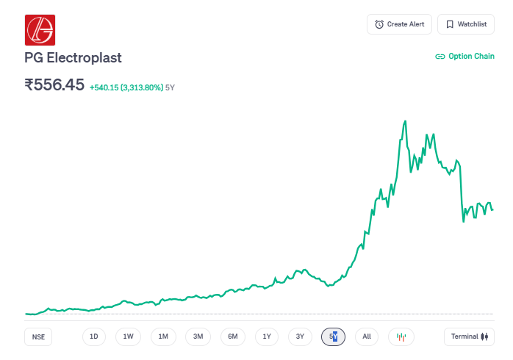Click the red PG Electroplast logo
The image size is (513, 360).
coord(40,30)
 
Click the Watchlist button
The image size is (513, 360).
coord(466,24)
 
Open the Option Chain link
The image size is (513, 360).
coord(464,56)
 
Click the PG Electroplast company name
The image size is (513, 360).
coord(73,57)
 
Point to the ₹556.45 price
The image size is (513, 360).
coord(54,84)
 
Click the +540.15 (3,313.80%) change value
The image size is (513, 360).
coord(126,87)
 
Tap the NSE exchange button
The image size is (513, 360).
coord(38,336)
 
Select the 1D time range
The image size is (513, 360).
coord(94,336)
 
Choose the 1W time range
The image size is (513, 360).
coord(128,336)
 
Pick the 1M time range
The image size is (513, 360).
coord(163,336)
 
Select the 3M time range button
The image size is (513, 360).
coord(198,336)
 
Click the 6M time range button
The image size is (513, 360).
coord(232,336)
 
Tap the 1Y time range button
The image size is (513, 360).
coord(267,336)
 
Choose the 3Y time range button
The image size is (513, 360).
coord(300,336)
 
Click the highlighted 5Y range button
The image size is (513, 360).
coord(334,336)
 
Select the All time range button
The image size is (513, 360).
coord(367,336)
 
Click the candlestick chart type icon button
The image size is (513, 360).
coord(401,336)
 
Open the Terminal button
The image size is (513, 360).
coord(469,336)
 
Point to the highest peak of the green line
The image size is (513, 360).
coord(405,120)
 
